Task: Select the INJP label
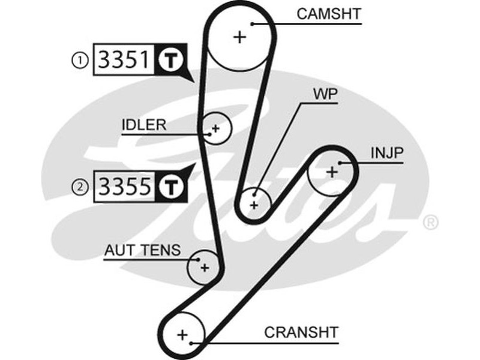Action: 386,153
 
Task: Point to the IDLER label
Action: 143,125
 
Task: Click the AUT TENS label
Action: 142,250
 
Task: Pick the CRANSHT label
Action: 302,332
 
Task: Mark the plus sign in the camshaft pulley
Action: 240,37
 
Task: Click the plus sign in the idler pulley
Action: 215,128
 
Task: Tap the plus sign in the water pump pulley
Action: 254,205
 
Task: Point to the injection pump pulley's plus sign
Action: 331,172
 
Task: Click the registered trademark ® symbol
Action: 430,223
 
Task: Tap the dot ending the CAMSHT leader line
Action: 254,24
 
